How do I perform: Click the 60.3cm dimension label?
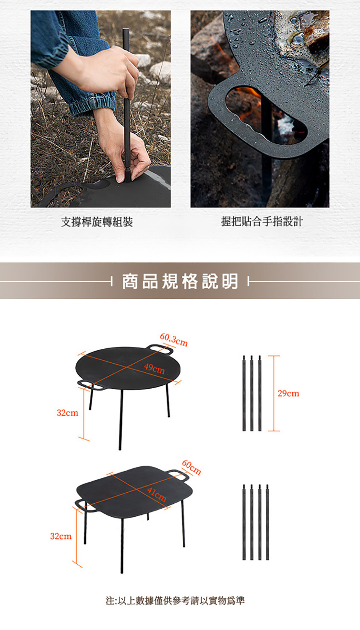[174, 340]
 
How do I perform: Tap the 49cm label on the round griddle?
[155, 368]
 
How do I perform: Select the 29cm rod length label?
[288, 393]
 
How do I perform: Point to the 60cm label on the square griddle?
[192, 467]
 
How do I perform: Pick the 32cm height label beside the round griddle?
[68, 413]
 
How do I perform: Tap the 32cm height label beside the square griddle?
[61, 536]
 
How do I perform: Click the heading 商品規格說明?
[180, 281]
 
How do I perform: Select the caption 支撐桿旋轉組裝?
[97, 222]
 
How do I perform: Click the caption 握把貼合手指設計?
[262, 221]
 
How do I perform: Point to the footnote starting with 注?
[175, 600]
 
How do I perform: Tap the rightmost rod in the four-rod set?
[267, 522]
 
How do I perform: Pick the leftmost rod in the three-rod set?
[244, 393]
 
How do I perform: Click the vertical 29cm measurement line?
[274, 393]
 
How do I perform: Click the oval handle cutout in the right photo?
[266, 115]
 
